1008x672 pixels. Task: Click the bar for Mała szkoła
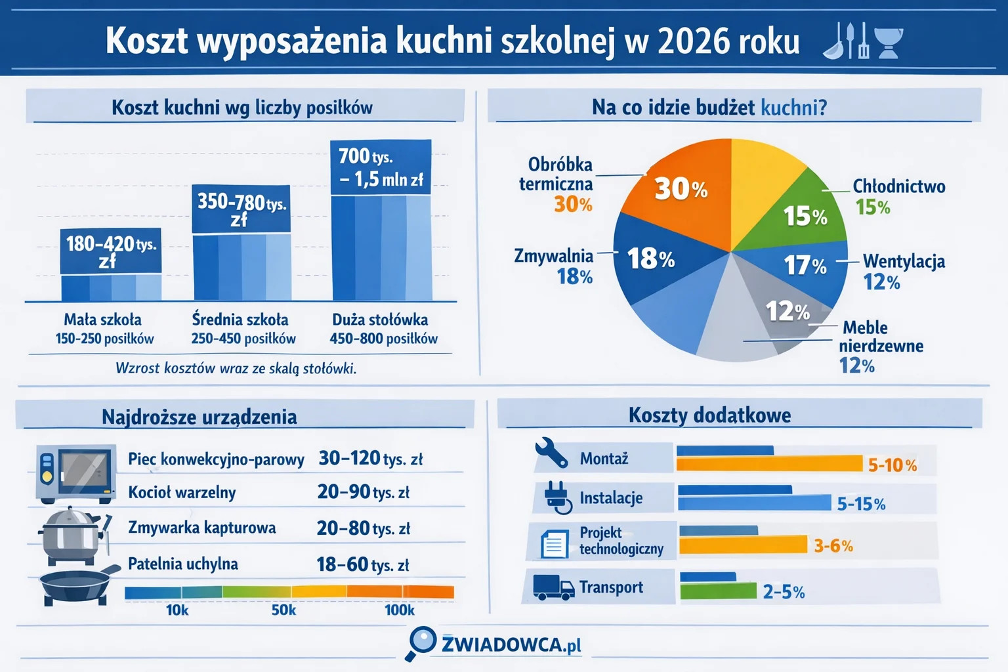coord(111,287)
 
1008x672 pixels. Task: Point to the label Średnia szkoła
coord(240,320)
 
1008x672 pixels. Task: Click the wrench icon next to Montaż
coord(551,453)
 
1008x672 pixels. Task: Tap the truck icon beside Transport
coord(553,587)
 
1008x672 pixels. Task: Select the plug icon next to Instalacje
coord(557,497)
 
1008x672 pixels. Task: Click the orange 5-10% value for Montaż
coord(892,465)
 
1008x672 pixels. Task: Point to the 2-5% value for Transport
coord(784,592)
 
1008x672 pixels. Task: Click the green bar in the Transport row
coord(718,591)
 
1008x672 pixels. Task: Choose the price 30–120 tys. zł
coord(370,458)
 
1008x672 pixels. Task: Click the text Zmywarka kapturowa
coord(201,528)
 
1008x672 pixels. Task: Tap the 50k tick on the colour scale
coord(283,610)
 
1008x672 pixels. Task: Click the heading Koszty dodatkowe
coord(709,415)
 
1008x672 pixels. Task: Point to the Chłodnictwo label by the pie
coord(898,186)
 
